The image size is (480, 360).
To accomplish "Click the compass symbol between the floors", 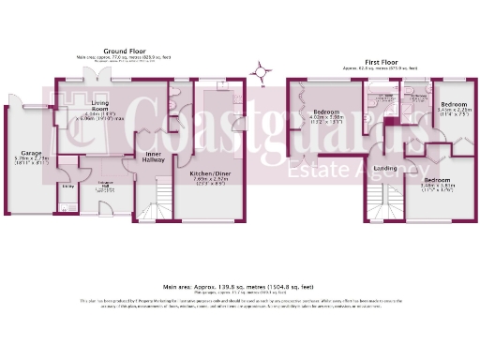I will coord(261,67).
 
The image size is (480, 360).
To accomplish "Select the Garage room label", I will coord(20,150).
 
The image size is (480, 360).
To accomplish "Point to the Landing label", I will coord(384,169).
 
